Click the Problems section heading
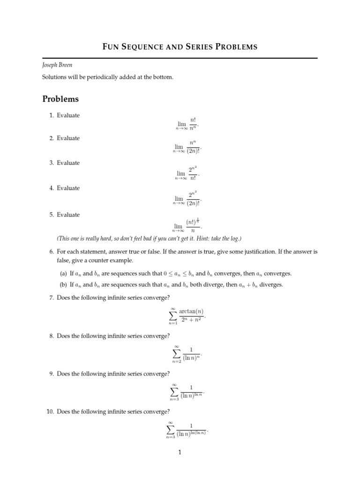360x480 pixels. tap(60, 99)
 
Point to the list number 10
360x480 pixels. tap(50, 412)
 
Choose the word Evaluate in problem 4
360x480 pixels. tap(68, 188)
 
